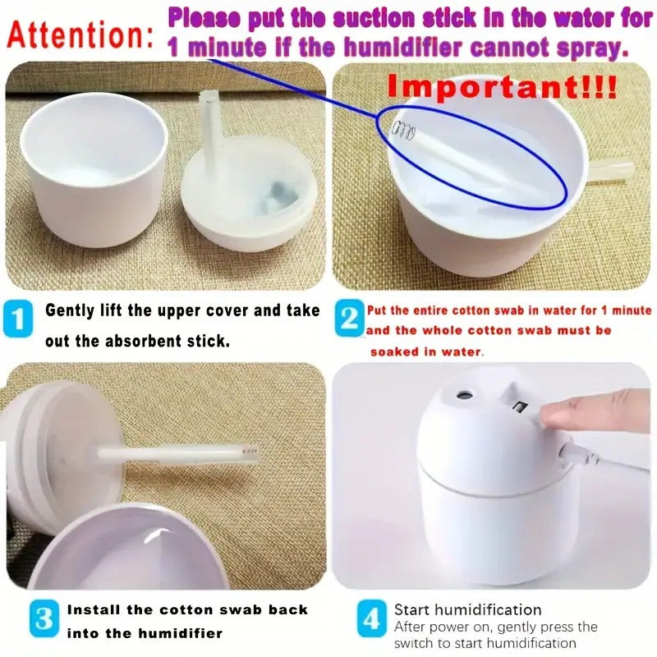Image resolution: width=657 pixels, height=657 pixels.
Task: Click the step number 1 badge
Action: click(x=19, y=319)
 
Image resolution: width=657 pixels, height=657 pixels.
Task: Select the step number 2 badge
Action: click(x=351, y=319)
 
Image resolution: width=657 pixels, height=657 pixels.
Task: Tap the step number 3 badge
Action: click(x=44, y=618)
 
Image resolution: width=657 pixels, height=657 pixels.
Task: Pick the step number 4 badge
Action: click(x=371, y=618)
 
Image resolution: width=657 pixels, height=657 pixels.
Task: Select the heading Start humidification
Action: click(x=467, y=609)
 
